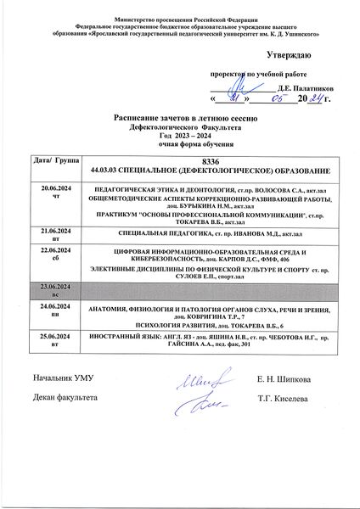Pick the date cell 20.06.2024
tap(46, 184)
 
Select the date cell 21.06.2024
tap(46, 231)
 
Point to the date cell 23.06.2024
tap(46, 288)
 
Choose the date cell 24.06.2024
tap(46, 310)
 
